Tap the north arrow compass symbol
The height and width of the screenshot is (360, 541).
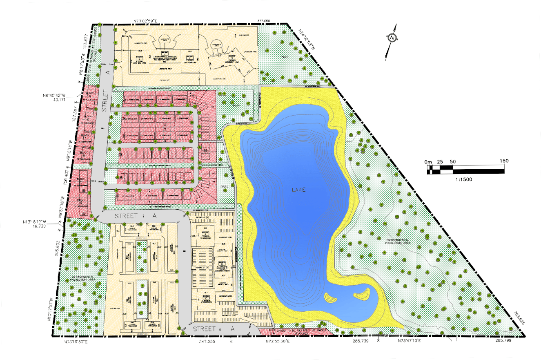coord(392,38)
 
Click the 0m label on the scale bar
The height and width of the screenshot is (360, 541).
coord(428,162)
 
